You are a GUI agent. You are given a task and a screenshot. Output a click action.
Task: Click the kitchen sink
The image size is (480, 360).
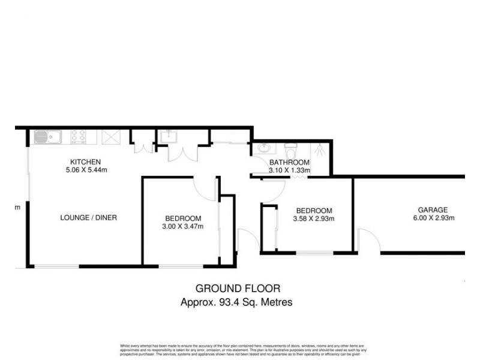pyautogui.click(x=45, y=137)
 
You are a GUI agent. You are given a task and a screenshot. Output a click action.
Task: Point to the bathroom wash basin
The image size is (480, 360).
pyautogui.click(x=265, y=148)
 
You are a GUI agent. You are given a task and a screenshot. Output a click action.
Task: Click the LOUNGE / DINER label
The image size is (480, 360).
pyautogui.click(x=89, y=217)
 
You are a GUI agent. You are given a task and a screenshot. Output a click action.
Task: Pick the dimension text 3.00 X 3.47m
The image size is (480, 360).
pyautogui.click(x=182, y=226)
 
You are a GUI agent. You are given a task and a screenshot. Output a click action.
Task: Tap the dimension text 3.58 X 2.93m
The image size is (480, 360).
pyautogui.click(x=313, y=218)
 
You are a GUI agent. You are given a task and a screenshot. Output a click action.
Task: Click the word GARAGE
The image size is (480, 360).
pyautogui.click(x=433, y=210)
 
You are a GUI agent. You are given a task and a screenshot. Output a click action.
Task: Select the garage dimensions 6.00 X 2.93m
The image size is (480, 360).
pyautogui.click(x=433, y=218)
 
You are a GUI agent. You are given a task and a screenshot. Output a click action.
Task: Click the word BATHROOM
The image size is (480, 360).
pyautogui.click(x=289, y=163)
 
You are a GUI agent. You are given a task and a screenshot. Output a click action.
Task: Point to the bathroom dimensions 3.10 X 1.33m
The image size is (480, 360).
pyautogui.click(x=289, y=170)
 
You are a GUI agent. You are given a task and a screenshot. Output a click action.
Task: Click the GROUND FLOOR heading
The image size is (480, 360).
pyautogui.click(x=238, y=288)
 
